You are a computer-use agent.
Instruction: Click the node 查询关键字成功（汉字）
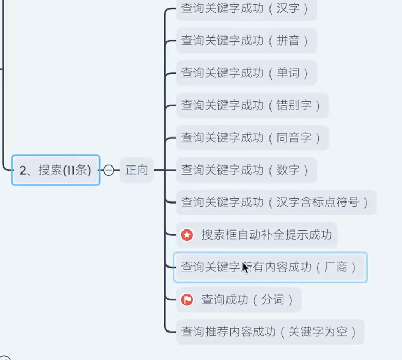tap(246, 9)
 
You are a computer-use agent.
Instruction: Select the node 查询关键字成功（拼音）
tap(246, 41)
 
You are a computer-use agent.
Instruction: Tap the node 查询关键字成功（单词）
tap(246, 73)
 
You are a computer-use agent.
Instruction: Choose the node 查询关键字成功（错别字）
tap(252, 105)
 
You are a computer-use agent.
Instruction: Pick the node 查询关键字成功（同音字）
tap(252, 138)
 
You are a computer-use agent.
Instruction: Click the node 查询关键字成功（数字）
tap(246, 170)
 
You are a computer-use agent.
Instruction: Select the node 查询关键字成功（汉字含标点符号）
tap(275, 203)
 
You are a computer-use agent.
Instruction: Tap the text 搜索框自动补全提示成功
tap(266, 235)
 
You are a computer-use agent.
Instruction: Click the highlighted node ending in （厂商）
tap(269, 267)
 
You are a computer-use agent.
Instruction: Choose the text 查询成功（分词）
tap(247, 300)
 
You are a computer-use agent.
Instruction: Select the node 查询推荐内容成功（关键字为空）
tap(269, 332)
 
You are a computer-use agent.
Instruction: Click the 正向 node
tap(136, 170)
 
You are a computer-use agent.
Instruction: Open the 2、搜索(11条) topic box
tap(56, 170)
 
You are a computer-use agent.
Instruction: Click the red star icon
tap(187, 235)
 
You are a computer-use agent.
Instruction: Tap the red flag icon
tap(187, 300)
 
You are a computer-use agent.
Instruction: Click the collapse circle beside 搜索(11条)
tap(108, 170)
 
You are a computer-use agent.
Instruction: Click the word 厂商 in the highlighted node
tap(336, 267)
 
